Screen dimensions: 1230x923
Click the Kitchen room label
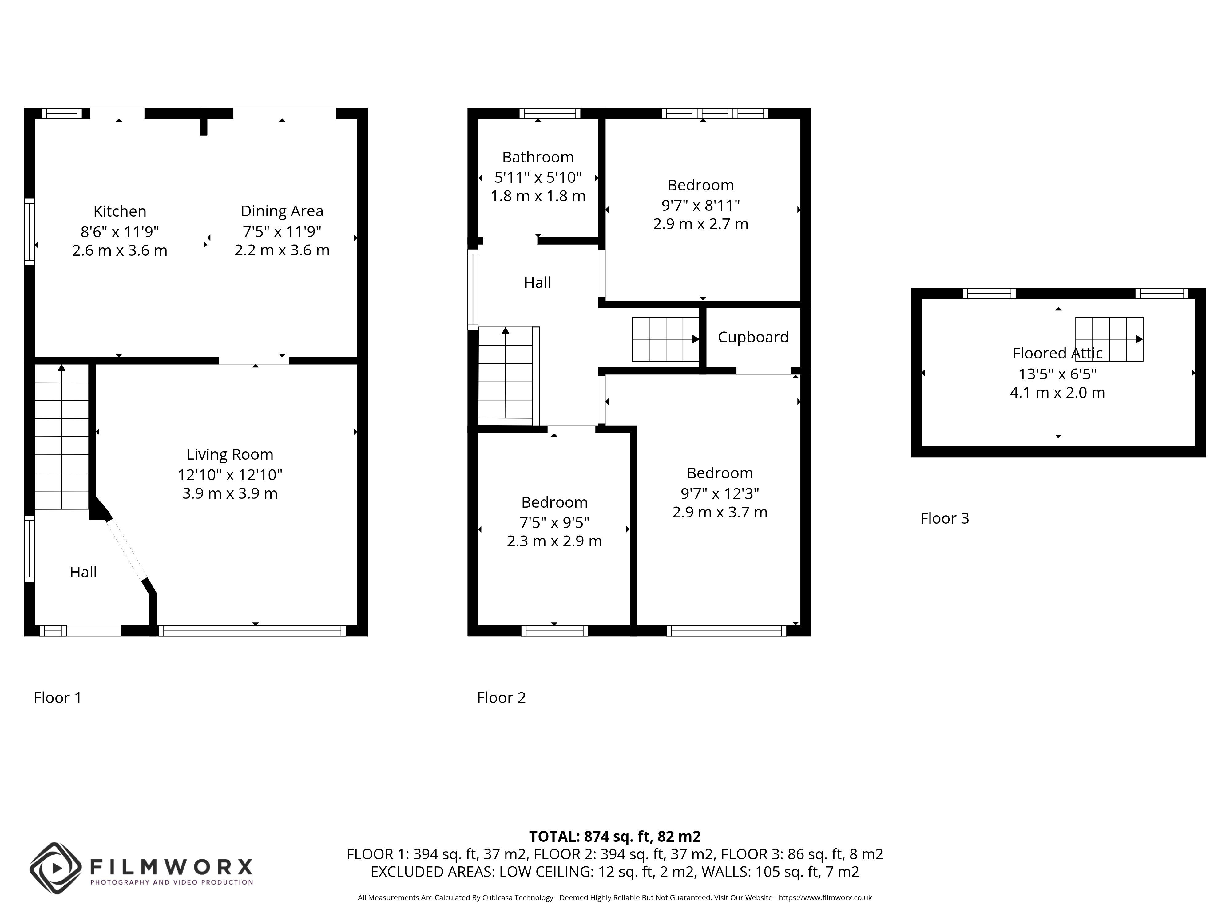(120, 211)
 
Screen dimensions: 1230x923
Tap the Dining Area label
(282, 211)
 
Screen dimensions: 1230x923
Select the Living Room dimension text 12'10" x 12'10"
(230, 474)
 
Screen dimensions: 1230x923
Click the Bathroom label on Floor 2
(538, 158)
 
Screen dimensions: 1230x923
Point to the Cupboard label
(753, 337)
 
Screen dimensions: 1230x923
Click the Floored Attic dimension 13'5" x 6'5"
(1057, 373)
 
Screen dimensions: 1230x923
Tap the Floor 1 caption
(58, 698)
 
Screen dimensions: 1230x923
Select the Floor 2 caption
(501, 698)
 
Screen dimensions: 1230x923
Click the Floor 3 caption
(945, 518)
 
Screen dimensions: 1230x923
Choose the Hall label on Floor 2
(537, 283)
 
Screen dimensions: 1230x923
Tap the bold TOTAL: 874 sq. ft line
(615, 836)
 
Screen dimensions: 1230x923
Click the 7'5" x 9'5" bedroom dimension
(554, 522)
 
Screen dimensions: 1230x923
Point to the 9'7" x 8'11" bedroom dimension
(700, 205)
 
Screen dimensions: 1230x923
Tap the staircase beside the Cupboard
(666, 339)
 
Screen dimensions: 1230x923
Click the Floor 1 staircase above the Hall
(62, 437)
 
